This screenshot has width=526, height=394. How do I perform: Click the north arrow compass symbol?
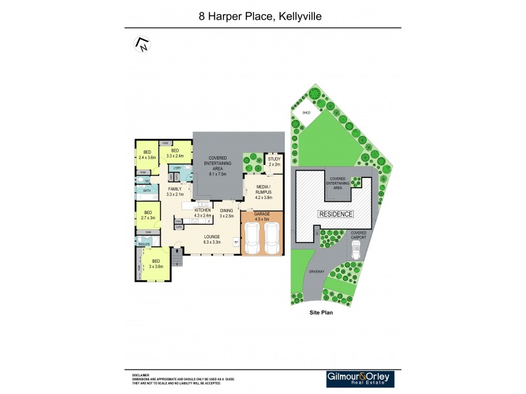(x=142, y=45)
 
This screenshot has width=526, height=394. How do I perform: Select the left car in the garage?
(x=252, y=238)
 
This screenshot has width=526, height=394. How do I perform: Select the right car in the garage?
(x=272, y=238)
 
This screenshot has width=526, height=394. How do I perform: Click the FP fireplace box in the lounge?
(x=236, y=242)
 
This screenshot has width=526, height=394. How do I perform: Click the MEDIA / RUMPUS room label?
(x=264, y=190)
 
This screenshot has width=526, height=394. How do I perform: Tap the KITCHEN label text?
(x=202, y=210)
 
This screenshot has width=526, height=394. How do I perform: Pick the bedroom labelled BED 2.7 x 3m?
(x=148, y=215)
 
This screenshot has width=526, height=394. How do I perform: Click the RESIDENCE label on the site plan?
(x=336, y=214)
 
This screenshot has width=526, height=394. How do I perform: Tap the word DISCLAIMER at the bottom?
(x=140, y=374)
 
